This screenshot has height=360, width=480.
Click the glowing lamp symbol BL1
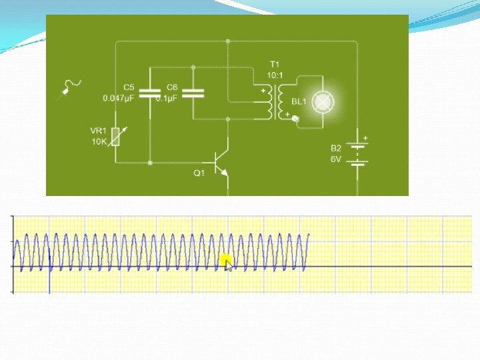tap(323, 102)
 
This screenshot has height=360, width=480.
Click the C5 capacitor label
tap(129, 87)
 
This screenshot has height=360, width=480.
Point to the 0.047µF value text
tap(119, 97)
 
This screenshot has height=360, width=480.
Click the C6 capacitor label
tap(172, 87)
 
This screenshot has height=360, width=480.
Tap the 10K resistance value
tap(99, 141)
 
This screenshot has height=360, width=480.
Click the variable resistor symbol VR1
tap(117, 136)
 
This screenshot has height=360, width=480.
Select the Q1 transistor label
tap(199, 173)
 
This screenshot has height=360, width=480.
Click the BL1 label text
tap(299, 101)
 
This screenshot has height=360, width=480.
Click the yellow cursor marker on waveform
tap(226, 259)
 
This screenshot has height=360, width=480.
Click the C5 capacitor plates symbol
tap(151, 91)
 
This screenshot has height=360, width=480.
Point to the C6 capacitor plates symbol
tap(193, 91)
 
